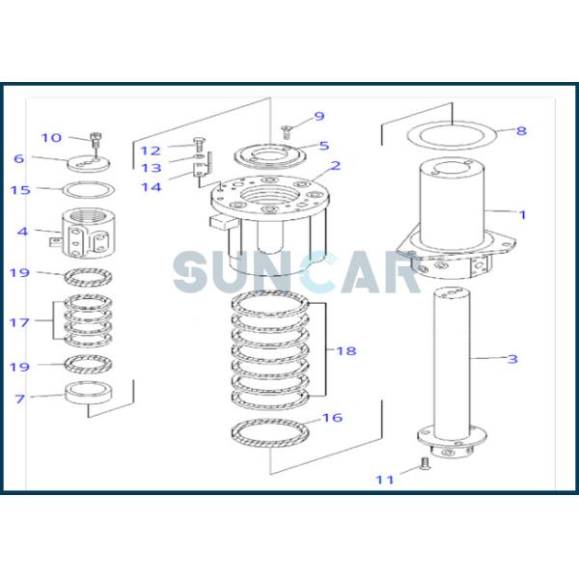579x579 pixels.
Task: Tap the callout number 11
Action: click(385, 479)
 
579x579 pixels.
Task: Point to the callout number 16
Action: click(331, 418)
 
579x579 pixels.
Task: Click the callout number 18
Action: click(345, 350)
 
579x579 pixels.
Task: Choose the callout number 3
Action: click(512, 359)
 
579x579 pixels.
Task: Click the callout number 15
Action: click(20, 190)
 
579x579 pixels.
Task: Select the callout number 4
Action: click(22, 232)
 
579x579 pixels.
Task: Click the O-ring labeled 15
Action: click(90, 190)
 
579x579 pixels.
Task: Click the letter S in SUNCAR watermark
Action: click(192, 271)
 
